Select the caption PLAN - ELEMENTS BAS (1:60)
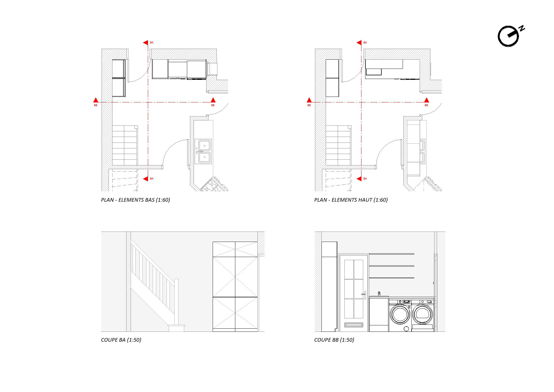point(135,200)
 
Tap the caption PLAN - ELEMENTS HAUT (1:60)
point(351,200)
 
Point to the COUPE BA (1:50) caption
point(121,340)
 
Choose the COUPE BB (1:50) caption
point(334,340)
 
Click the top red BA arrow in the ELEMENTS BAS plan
point(145,43)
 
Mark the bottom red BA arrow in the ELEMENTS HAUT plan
point(359,179)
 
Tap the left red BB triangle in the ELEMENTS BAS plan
point(96,100)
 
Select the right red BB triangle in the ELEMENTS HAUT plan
point(426,100)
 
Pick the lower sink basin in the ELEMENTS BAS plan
point(204,157)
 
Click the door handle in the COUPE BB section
point(364,295)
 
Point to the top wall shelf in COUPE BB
point(391,254)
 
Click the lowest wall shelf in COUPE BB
point(391,278)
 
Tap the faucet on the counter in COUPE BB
point(379,294)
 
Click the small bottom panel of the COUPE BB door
point(354,325)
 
